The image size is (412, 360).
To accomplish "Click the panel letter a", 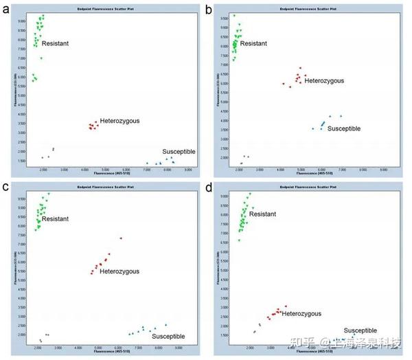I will tap(5, 9).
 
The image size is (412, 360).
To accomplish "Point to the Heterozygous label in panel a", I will tap(119, 121).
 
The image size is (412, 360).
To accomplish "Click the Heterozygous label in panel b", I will tap(324, 80).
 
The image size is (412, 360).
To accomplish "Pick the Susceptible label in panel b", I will tap(343, 128).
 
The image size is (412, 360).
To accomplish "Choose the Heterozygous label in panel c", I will tap(119, 272).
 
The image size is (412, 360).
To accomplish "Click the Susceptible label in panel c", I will tap(168, 336).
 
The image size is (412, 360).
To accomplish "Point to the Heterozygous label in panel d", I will tap(301, 313).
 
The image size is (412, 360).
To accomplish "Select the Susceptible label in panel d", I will tap(360, 330).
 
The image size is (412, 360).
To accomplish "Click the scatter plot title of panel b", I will tap(306, 7).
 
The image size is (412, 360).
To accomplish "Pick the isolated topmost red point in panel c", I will tap(121, 238).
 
